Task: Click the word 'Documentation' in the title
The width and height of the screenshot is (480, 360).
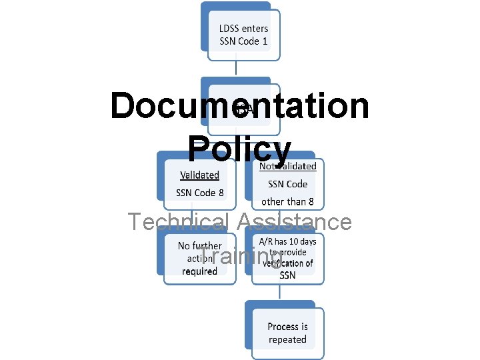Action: (239, 107)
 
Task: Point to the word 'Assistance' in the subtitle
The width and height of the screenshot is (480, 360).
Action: (293, 221)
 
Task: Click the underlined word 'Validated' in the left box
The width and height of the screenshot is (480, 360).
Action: (199, 175)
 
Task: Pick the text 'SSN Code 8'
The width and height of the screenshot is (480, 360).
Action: (200, 193)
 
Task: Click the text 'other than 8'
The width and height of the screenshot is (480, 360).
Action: (287, 201)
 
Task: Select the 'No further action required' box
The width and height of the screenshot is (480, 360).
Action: (199, 258)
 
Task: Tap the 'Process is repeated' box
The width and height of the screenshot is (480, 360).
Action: (287, 333)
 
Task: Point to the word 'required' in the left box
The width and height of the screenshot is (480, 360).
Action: (199, 271)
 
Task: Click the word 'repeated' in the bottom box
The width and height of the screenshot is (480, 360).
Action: (287, 339)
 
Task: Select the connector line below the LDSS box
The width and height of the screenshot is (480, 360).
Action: (237, 67)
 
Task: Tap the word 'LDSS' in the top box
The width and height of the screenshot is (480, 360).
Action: (231, 28)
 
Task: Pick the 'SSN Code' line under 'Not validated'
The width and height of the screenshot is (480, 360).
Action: (287, 184)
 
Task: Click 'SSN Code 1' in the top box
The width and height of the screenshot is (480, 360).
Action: (243, 41)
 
